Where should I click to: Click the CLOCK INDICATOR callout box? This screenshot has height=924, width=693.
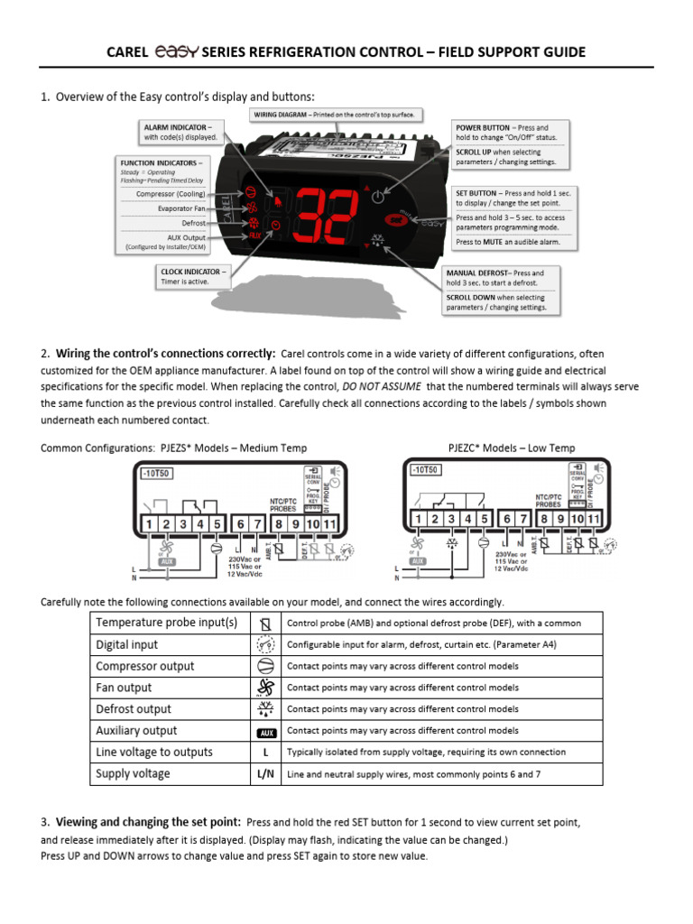coord(193,276)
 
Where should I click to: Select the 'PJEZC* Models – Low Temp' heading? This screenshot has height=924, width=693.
coord(512,448)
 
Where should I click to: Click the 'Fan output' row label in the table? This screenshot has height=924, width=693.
coord(125,688)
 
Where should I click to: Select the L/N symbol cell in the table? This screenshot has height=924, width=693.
coord(265,773)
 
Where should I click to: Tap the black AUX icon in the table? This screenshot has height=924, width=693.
coord(265,732)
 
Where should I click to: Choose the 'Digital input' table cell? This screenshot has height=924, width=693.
coord(127,644)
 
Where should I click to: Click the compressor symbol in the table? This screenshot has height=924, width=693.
coord(265,666)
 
